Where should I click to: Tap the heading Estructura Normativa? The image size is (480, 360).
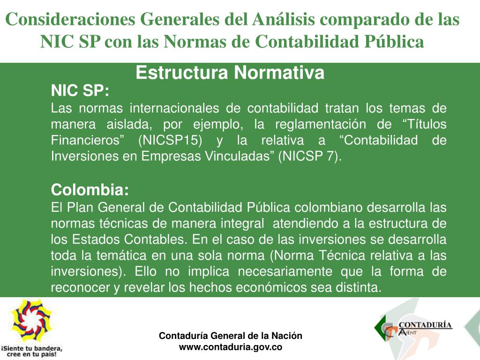click(230, 73)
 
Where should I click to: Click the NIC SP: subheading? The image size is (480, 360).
click(80, 90)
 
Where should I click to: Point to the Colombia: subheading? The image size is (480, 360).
click(89, 190)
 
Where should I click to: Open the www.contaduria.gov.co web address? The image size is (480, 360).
click(231, 347)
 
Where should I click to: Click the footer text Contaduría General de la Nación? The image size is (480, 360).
click(231, 336)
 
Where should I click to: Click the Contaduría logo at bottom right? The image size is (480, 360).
click(412, 328)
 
